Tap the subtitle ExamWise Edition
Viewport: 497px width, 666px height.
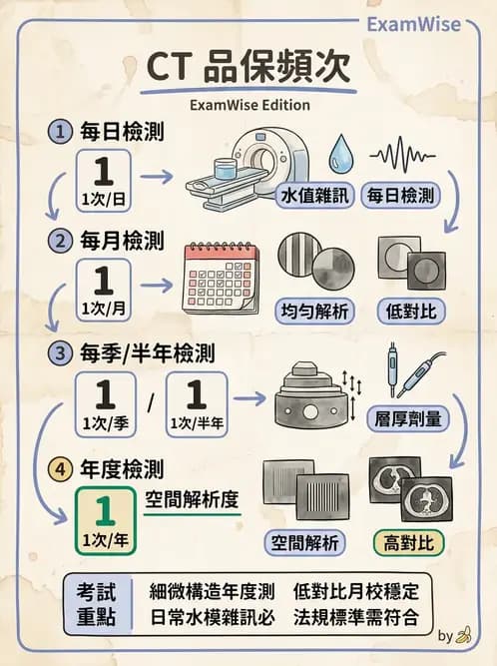[248, 105]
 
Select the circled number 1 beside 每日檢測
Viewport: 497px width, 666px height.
[62, 132]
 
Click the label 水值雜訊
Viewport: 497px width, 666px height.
[315, 195]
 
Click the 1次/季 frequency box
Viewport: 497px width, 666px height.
[103, 405]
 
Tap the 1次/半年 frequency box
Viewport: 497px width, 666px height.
[197, 405]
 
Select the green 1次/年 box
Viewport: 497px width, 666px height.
[103, 519]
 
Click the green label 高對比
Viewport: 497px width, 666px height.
[408, 543]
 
